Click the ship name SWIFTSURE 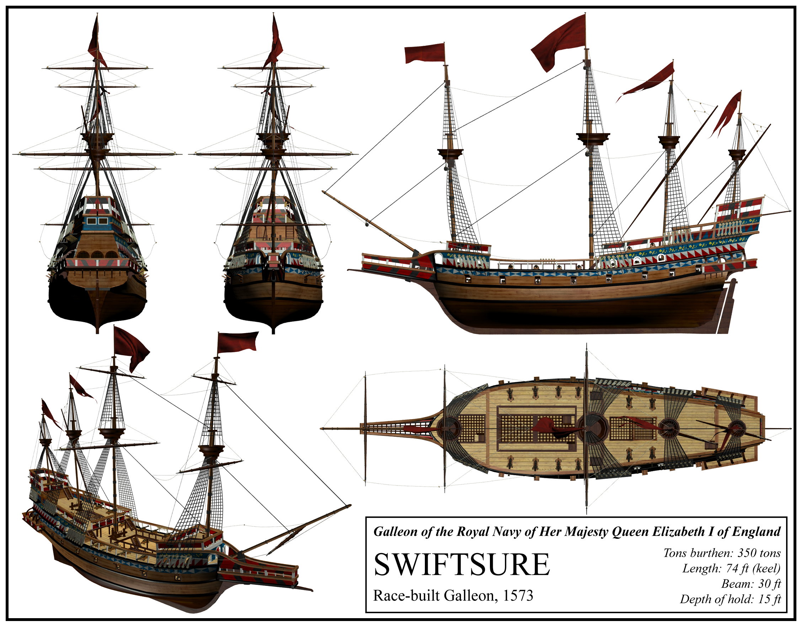[x=461, y=565]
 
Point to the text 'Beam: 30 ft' [x=751, y=584]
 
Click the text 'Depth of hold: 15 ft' [x=730, y=599]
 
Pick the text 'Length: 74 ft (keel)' [x=731, y=568]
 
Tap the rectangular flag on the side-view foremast [x=424, y=54]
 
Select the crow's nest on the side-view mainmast [x=593, y=138]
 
